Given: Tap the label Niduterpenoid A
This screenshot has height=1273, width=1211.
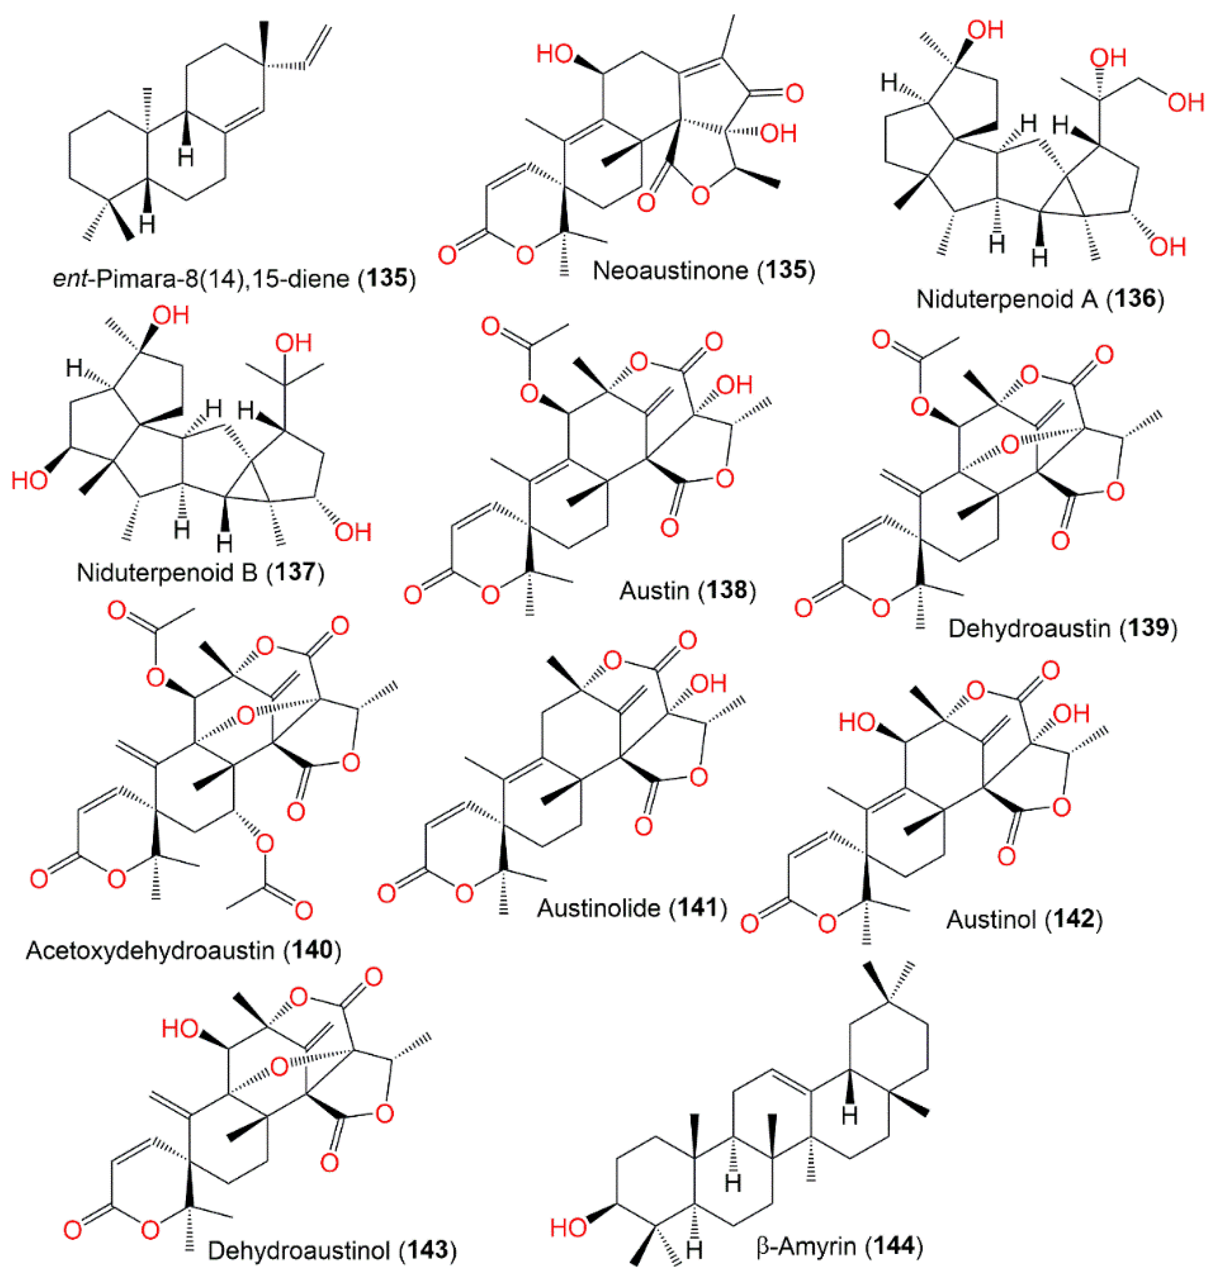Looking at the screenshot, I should (1007, 300).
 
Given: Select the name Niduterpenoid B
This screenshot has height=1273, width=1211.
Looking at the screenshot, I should (166, 572).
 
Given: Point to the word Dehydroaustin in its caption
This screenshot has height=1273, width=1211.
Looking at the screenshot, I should (1029, 628).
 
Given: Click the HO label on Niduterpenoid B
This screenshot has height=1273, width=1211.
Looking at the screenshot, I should (29, 481).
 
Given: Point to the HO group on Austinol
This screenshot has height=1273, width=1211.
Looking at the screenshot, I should (856, 722).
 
